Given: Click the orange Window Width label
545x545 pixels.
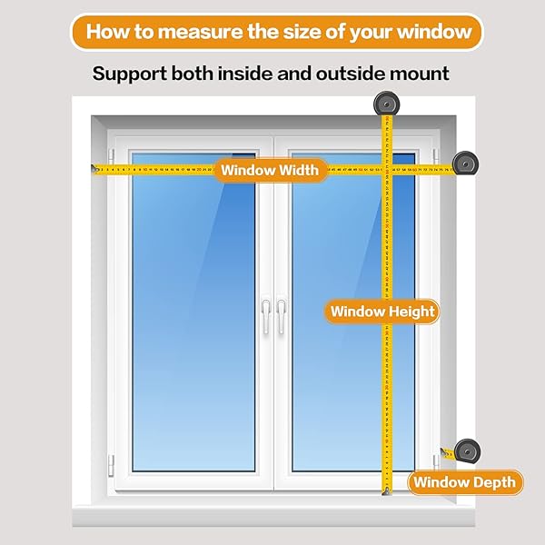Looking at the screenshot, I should (x=271, y=170).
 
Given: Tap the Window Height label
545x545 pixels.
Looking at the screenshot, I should (x=382, y=312).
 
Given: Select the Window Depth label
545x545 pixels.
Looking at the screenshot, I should (x=465, y=482).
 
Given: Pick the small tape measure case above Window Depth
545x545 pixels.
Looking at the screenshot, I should (x=467, y=451).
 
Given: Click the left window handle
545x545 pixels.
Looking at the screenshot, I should (x=265, y=317).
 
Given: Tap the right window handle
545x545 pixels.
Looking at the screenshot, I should (x=282, y=317).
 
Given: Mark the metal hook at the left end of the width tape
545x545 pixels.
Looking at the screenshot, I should (x=94, y=168).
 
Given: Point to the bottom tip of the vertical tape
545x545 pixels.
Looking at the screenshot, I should (x=385, y=491).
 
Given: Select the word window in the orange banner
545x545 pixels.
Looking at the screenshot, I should (x=440, y=33).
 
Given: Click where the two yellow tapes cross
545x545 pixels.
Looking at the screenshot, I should (x=386, y=168).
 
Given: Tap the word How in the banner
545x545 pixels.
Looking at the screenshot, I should (x=106, y=33).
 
